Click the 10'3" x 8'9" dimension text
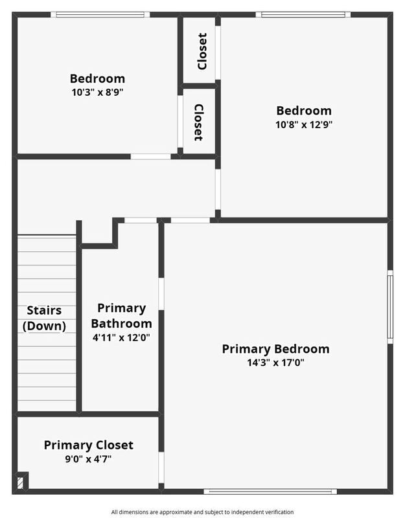pyautogui.click(x=97, y=92)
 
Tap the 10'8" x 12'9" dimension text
pyautogui.click(x=304, y=124)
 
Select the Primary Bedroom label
pyautogui.click(x=275, y=349)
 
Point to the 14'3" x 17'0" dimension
pyautogui.click(x=275, y=363)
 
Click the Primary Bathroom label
pyautogui.click(x=121, y=315)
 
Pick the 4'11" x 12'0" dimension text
pyautogui.click(x=121, y=337)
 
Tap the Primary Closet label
pyautogui.click(x=88, y=445)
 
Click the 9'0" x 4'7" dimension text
pyautogui.click(x=88, y=459)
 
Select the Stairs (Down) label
pyautogui.click(x=44, y=318)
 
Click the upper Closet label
pyautogui.click(x=202, y=51)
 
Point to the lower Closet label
pyautogui.click(x=198, y=122)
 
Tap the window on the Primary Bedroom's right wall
pyautogui.click(x=390, y=307)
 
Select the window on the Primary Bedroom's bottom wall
pyautogui.click(x=270, y=491)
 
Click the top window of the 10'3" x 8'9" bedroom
pyautogui.click(x=100, y=14)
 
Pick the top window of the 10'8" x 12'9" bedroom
pyautogui.click(x=303, y=14)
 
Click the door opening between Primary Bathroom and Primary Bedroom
pyautogui.click(x=161, y=294)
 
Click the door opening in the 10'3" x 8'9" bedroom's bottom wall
pyautogui.click(x=150, y=157)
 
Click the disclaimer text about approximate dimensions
pyautogui.click(x=202, y=512)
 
